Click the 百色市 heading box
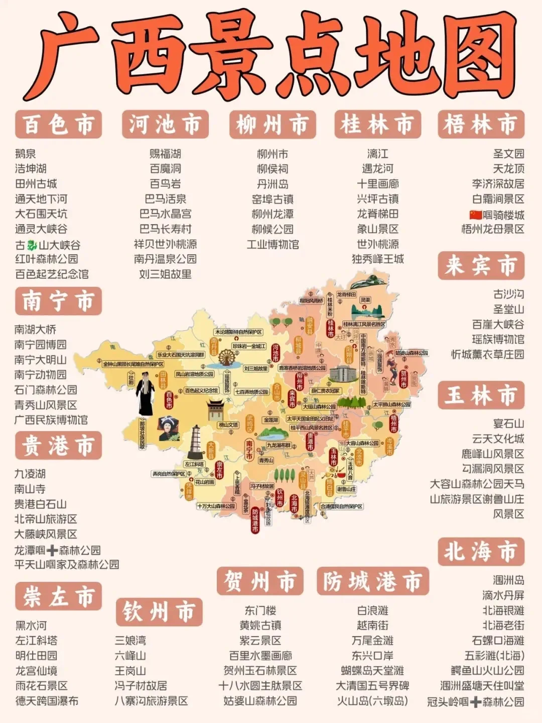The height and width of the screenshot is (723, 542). pos(59,124)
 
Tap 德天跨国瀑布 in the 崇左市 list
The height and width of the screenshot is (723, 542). pos(47,700)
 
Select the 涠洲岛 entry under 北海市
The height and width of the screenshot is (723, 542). pos(508,580)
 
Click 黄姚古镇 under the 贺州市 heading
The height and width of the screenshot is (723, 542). pos(260,626)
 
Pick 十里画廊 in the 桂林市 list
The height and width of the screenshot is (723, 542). pos(377,184)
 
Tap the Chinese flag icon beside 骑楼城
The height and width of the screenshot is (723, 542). pos(475,215)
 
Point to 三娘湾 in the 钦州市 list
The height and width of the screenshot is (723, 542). pos(130,640)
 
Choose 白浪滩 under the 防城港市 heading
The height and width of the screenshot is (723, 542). pos(372,610)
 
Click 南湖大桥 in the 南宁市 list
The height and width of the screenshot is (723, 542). pos(35,330)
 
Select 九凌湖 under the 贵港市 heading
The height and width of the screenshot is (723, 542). pos(30,474)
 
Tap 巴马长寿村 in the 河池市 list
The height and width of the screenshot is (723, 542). pos(165,229)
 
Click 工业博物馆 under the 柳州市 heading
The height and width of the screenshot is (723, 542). pos(273,245)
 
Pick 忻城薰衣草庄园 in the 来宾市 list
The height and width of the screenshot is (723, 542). pos(487,354)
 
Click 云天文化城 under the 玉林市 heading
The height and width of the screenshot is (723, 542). pos(498,439)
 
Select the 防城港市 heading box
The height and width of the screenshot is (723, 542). pos(373,581)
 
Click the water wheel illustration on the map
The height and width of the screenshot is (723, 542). pos(227,357)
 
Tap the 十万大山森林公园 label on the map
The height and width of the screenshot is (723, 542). pos(216,506)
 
